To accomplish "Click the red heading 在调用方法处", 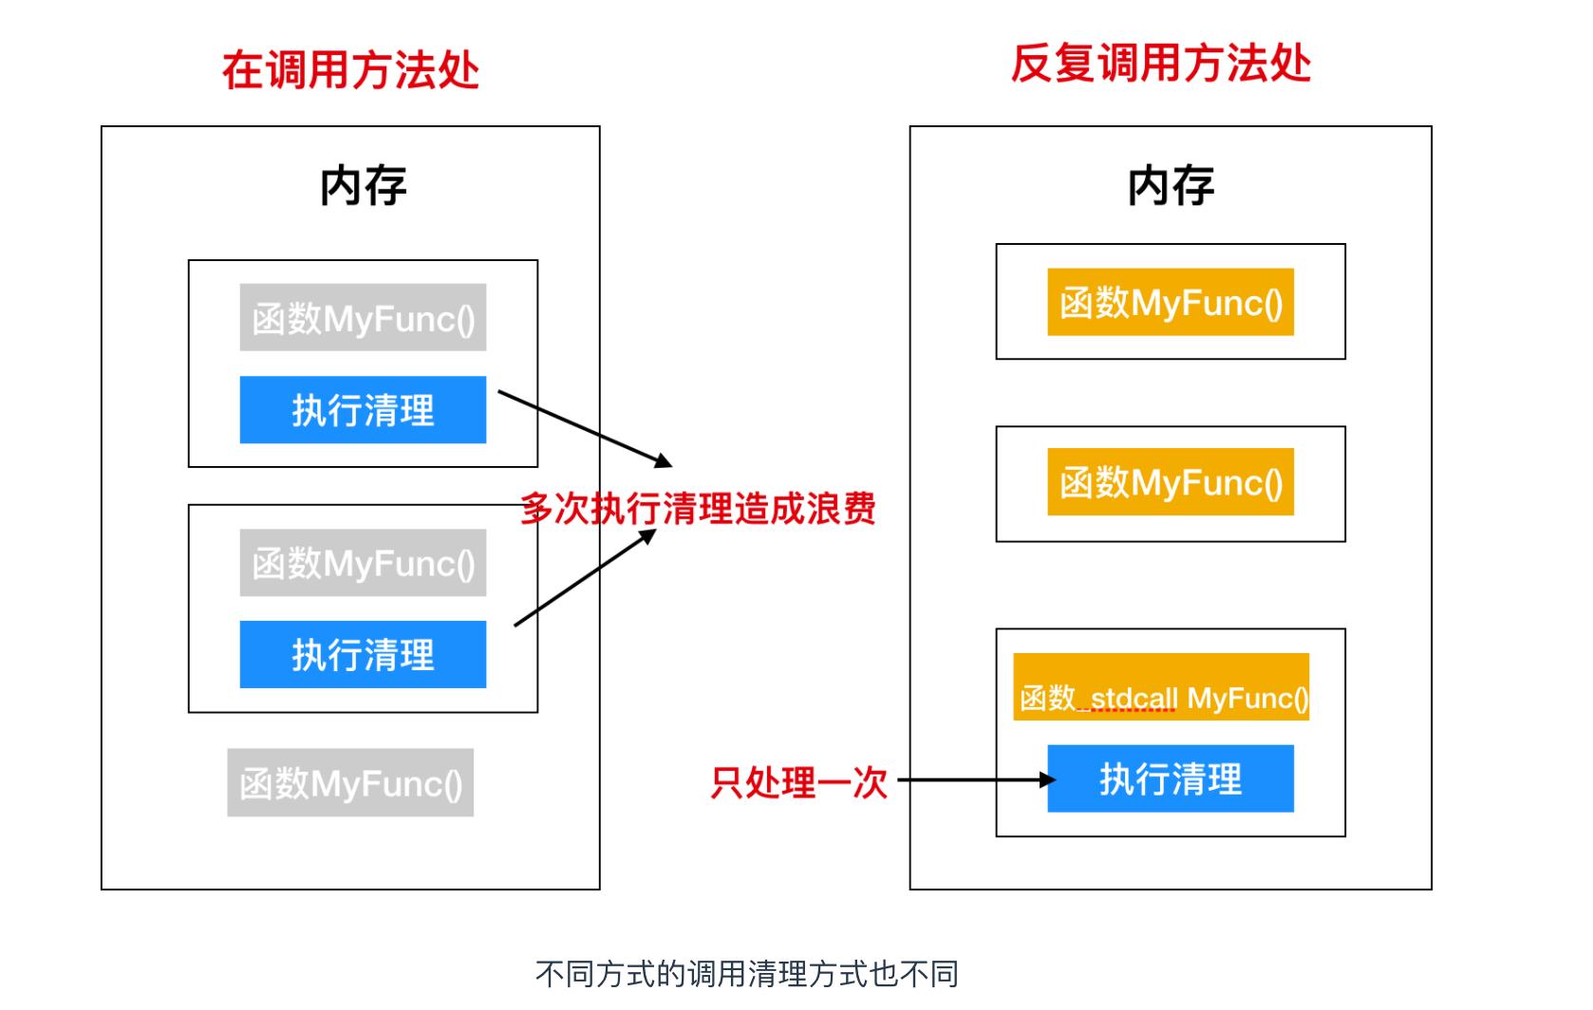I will click(350, 70).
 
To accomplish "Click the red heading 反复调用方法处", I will click(1160, 65).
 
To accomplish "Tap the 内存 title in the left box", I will click(363, 185).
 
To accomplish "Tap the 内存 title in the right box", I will click(1170, 185).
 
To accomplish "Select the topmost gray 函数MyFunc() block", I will click(363, 318).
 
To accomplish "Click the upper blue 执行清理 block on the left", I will click(363, 410).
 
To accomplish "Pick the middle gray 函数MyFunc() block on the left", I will click(363, 563).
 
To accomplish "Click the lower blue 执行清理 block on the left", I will click(363, 655).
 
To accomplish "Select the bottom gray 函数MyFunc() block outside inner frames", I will click(349, 783).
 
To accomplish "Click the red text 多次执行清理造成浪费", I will click(698, 509).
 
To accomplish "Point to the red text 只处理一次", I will click(798, 782).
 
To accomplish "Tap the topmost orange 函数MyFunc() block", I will click(1170, 303).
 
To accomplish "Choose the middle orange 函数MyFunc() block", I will click(1170, 482).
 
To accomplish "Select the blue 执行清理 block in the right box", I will click(1170, 779).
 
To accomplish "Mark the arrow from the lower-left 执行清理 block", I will click(584, 578).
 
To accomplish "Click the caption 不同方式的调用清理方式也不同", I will click(746, 974).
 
